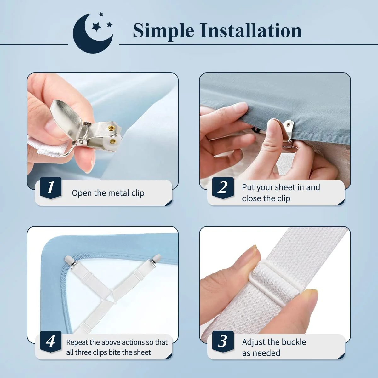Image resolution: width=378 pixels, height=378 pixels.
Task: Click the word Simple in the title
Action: tap(163, 31)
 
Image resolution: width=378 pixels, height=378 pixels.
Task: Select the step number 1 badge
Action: tap(51, 188)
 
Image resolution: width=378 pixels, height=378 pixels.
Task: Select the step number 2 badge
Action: tap(223, 188)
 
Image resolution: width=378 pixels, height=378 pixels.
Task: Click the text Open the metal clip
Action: tap(108, 193)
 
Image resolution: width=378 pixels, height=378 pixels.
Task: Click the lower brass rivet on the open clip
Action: tap(112, 141)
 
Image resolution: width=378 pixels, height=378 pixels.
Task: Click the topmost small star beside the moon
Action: tap(101, 14)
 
